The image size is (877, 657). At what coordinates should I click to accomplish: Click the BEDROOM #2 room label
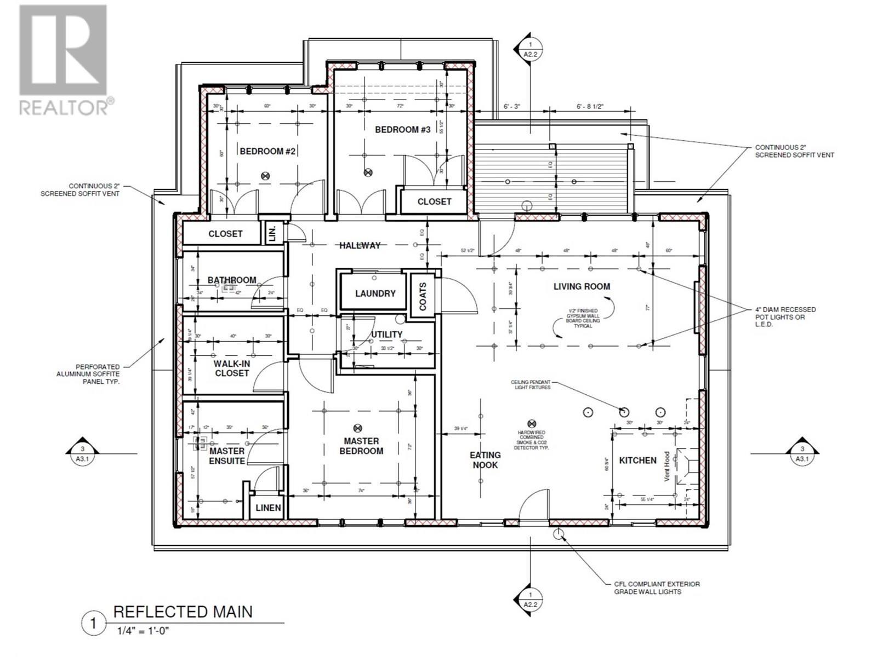(x=268, y=151)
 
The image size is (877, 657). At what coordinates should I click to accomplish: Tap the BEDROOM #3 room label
(x=403, y=130)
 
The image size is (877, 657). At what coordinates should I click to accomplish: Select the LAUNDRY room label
(x=375, y=293)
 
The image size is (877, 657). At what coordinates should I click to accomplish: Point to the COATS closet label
(x=423, y=296)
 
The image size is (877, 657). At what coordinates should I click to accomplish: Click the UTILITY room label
(x=386, y=335)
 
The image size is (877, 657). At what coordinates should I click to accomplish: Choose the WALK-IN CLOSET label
(x=231, y=368)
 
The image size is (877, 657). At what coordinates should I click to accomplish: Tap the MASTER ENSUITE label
(x=227, y=456)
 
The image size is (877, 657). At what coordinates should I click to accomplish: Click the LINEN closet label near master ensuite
(x=268, y=508)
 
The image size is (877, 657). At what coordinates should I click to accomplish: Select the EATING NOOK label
(x=485, y=460)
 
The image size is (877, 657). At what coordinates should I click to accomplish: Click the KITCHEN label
(x=637, y=460)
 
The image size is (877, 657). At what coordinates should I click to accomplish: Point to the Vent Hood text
(x=667, y=466)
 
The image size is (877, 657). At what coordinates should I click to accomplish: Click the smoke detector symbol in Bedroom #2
(x=266, y=176)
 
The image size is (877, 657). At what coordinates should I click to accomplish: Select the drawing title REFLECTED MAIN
(x=183, y=612)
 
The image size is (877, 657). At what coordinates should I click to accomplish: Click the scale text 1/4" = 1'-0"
(x=143, y=631)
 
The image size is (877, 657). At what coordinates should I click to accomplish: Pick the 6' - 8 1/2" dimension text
(x=590, y=106)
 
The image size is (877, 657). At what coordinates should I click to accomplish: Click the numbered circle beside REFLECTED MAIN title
(x=93, y=624)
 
